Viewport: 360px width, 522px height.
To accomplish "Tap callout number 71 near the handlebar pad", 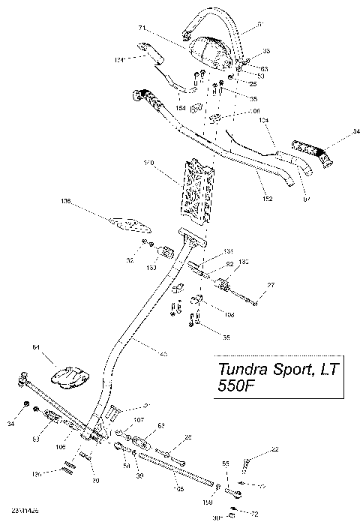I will point(162,28).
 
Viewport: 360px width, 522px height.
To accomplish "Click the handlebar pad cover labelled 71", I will point(212,49).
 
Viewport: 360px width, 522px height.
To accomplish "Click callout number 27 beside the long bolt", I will point(271,286).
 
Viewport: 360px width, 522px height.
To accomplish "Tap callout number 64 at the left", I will point(35,347).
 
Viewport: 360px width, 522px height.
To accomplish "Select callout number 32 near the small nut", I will point(130,260).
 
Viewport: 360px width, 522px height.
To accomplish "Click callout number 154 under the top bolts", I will point(181,109).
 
